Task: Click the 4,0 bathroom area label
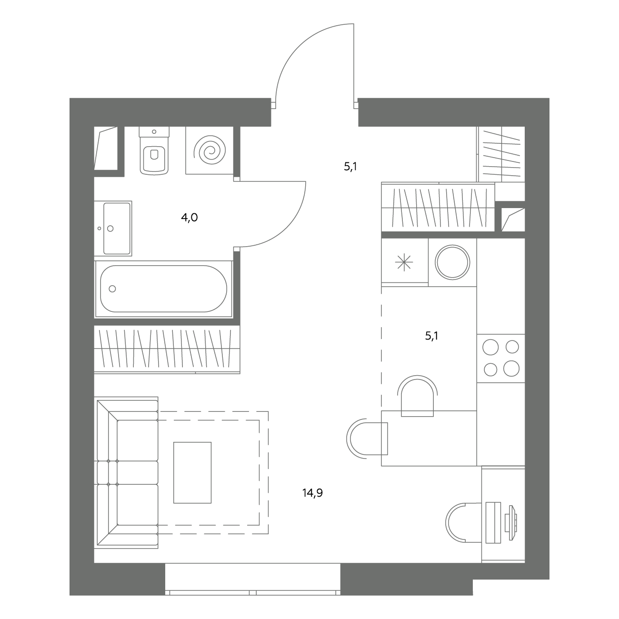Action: pyautogui.click(x=189, y=218)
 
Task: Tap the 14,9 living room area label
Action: pyautogui.click(x=312, y=492)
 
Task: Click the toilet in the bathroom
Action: pyautogui.click(x=154, y=150)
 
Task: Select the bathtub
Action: pyautogui.click(x=163, y=289)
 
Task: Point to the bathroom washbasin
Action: pyautogui.click(x=113, y=229)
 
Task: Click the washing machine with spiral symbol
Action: pyautogui.click(x=210, y=150)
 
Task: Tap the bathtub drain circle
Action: pyautogui.click(x=112, y=289)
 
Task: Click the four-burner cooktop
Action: pyautogui.click(x=501, y=358)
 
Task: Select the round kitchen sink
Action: pyautogui.click(x=452, y=262)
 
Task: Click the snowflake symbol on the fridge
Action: pyautogui.click(x=404, y=262)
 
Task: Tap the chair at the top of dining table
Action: pyautogui.click(x=417, y=396)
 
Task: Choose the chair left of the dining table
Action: pyautogui.click(x=367, y=439)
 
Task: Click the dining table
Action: pyautogui.click(x=429, y=438)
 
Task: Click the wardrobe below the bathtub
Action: pyautogui.click(x=167, y=349)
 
